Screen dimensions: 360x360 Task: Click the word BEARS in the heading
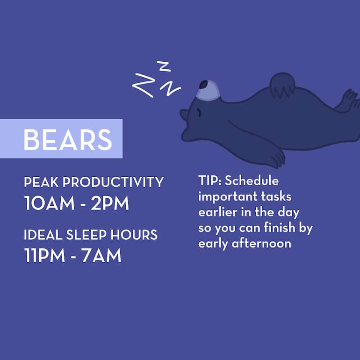(x=68, y=139)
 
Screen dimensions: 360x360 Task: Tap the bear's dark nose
(x=203, y=85)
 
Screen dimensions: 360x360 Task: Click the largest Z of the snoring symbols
(x=143, y=85)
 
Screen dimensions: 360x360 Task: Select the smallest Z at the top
(x=164, y=66)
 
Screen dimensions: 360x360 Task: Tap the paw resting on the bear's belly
(x=282, y=84)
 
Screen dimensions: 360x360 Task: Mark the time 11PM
(x=46, y=256)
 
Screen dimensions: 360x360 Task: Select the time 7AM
(x=101, y=256)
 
